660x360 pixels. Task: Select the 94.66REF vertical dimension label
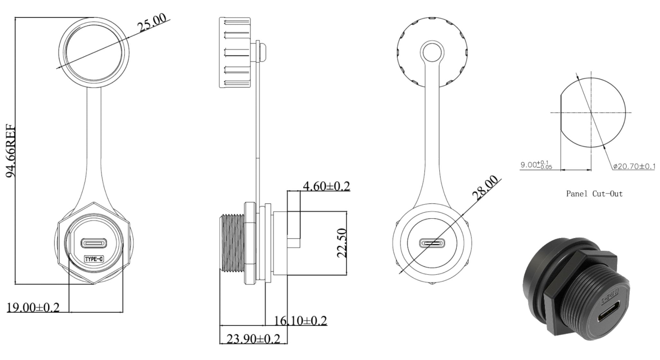[11, 151]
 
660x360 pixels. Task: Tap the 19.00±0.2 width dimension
[33, 308]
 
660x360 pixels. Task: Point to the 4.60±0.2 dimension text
[326, 186]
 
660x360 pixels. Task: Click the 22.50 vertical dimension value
[342, 243]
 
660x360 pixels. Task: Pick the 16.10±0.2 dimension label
[300, 320]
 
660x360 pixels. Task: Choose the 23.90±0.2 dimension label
[254, 338]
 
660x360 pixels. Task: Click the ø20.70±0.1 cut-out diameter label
[634, 166]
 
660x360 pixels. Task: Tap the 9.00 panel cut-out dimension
[536, 165]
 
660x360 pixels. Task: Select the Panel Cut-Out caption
[594, 194]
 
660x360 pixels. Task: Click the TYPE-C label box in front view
[94, 259]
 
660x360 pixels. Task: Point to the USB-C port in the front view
[94, 243]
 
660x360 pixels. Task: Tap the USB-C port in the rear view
[432, 243]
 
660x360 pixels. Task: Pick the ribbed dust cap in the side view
[235, 53]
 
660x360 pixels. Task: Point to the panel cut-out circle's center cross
[591, 113]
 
